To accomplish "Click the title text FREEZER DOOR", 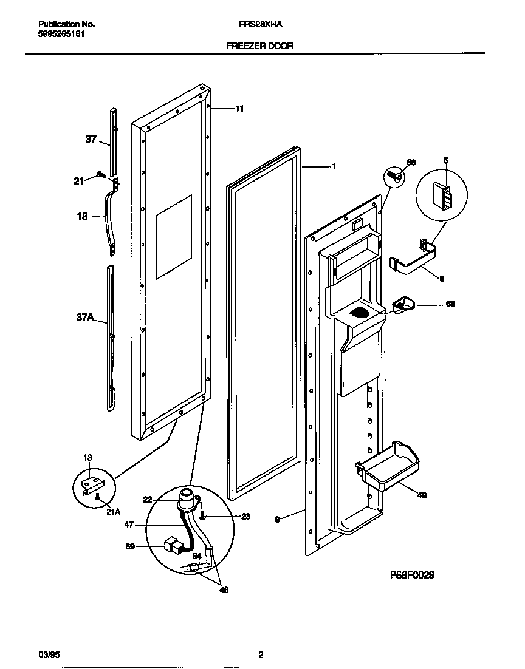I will coord(259,46).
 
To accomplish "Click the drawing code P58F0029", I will coord(412,574).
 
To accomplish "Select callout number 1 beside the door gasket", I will coord(334,166).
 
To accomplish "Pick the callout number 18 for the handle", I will coord(83,216).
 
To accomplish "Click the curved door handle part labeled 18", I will coord(110,219).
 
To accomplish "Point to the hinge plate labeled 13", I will coord(93,483).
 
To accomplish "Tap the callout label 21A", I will coord(114,512).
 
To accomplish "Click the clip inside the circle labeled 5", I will coord(442,198).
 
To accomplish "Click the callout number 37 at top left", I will coord(91,139).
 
